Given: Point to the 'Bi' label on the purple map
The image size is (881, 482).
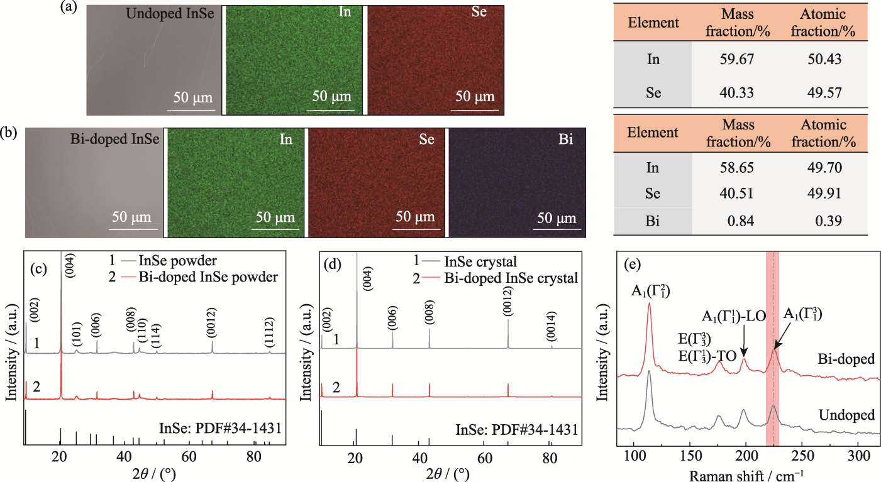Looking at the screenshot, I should click(x=566, y=139).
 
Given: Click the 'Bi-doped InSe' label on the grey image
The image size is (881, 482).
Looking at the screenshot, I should click(x=115, y=139).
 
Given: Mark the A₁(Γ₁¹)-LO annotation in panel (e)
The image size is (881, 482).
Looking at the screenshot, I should click(x=733, y=316).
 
